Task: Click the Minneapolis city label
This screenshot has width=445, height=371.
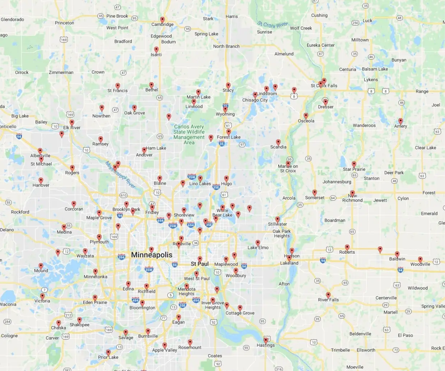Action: pyautogui.click(x=152, y=255)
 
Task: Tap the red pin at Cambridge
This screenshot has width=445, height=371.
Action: pyautogui.click(x=162, y=20)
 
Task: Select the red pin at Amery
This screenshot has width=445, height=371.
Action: pyautogui.click(x=400, y=121)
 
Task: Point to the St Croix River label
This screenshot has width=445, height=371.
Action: pyautogui.click(x=273, y=25)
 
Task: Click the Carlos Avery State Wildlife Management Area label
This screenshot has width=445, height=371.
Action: pyautogui.click(x=189, y=135)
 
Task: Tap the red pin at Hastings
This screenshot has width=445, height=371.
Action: pyautogui.click(x=266, y=340)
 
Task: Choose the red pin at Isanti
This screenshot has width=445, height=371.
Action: pyautogui.click(x=156, y=50)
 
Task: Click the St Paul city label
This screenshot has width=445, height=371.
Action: pyautogui.click(x=200, y=264)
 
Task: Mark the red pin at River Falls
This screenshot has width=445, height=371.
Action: pyautogui.click(x=328, y=295)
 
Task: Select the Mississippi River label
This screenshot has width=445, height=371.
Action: pyautogui.click(x=120, y=175)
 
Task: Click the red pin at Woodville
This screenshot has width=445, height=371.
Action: pyautogui.click(x=420, y=259)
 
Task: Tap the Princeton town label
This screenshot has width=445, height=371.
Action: pyautogui.click(x=65, y=23)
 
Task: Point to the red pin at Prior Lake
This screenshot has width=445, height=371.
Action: pyautogui.click(x=108, y=352)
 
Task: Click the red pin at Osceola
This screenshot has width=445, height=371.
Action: pyautogui.click(x=306, y=116)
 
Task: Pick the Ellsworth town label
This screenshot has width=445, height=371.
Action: pyautogui.click(x=366, y=350)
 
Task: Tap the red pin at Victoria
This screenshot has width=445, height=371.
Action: pyautogui.click(x=42, y=296)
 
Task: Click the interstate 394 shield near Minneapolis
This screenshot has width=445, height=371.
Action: pyautogui.click(x=121, y=257)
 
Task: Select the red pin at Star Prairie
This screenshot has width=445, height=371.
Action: pyautogui.click(x=354, y=164)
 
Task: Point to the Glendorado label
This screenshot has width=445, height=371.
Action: pyautogui.click(x=13, y=19)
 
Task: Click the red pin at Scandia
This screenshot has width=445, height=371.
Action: pyautogui.click(x=278, y=142)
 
